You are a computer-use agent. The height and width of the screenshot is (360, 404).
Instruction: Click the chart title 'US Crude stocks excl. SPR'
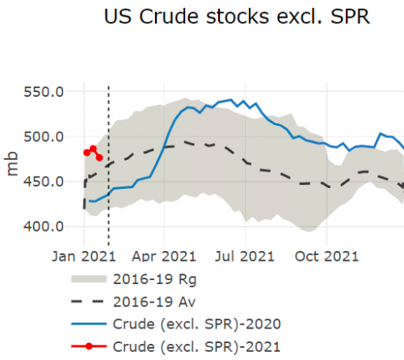237,17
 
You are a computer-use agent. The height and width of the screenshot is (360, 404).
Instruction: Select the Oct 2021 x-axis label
324,257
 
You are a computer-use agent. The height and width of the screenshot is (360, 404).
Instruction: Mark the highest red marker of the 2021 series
93,149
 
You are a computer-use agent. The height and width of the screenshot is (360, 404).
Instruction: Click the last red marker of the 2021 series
99,157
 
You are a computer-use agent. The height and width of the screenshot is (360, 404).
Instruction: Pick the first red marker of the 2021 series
86,153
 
